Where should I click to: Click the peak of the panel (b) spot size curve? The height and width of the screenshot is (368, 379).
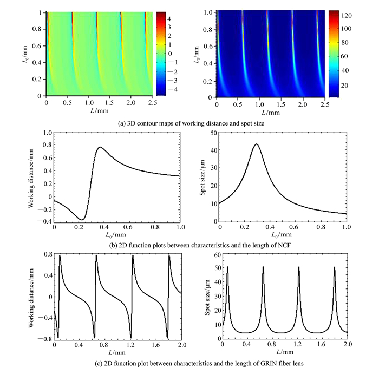coord(256,144)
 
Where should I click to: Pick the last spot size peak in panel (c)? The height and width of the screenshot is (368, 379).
coord(335,267)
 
